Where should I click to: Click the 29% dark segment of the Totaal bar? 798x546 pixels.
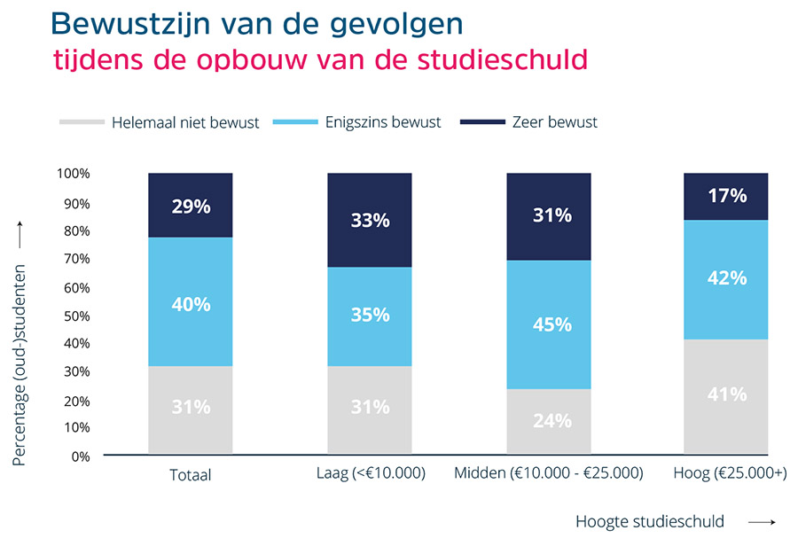coord(191,206)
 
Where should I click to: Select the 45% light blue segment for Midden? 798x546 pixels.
coord(549,324)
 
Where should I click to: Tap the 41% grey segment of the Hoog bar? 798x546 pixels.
coord(726,395)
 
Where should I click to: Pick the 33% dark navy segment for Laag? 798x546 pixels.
coord(370,220)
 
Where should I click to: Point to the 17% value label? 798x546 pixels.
coord(727,196)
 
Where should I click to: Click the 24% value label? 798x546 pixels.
coord(552,421)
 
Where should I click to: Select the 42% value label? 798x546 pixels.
coord(727,278)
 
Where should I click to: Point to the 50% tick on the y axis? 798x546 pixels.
coord(75,316)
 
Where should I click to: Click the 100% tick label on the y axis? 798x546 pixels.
coord(73,174)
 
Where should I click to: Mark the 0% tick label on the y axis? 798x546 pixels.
coord(79,456)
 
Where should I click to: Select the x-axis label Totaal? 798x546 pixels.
coord(191,475)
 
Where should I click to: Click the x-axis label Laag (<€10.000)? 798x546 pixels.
coord(371,474)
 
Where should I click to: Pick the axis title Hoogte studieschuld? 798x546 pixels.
coord(649,521)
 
